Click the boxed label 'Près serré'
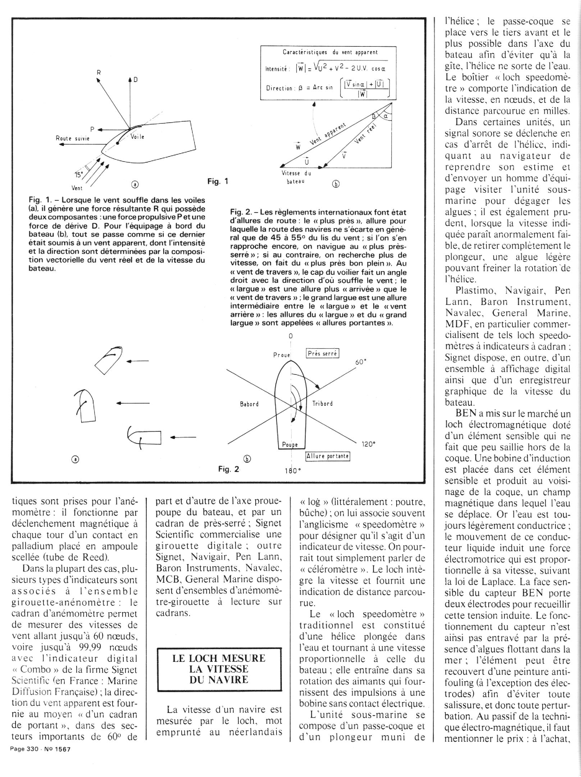click(322, 354)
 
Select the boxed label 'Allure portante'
click(327, 456)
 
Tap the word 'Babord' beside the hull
click(249, 404)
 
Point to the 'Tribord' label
click(322, 404)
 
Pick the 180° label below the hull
click(292, 471)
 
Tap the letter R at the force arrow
click(98, 72)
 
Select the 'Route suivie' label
click(73, 138)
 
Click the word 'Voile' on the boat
click(137, 137)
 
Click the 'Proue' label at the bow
click(282, 355)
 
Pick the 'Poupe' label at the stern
click(290, 444)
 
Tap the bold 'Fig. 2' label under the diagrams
click(229, 469)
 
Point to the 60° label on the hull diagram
click(361, 362)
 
